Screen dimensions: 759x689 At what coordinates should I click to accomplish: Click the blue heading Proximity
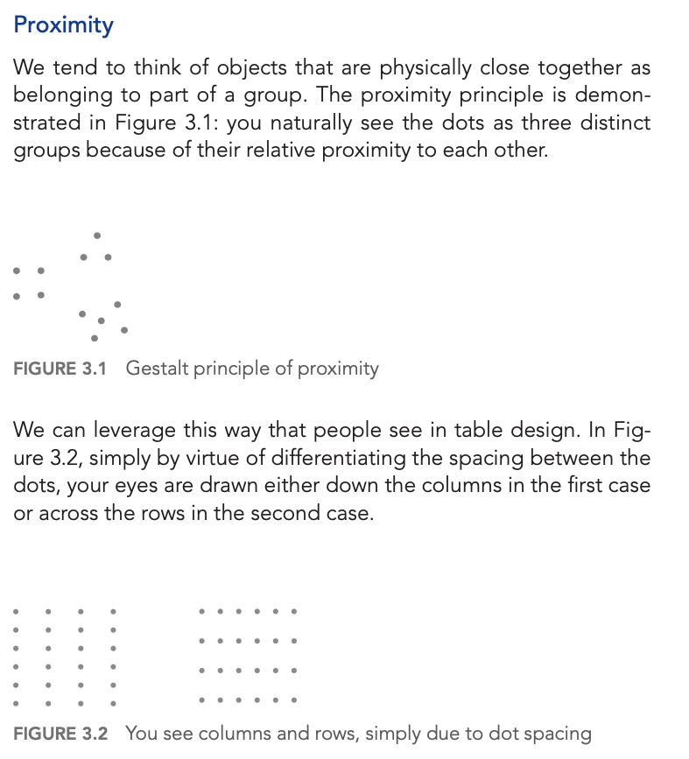(63, 25)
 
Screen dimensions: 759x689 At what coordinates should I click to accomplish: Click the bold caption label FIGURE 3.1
(60, 369)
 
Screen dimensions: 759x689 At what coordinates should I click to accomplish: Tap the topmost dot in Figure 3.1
(96, 235)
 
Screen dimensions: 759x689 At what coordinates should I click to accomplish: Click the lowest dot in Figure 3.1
(95, 338)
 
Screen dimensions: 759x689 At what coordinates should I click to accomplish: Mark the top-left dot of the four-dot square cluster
(17, 271)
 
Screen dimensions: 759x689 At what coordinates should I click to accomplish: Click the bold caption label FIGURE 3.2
(60, 734)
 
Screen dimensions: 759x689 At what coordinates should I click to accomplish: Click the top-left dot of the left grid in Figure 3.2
(16, 611)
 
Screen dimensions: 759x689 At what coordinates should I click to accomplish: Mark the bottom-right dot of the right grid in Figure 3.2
(294, 700)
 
